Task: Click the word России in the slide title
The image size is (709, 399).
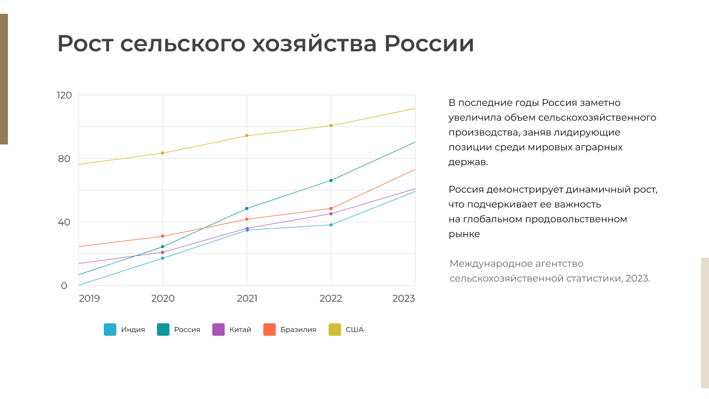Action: click(x=429, y=43)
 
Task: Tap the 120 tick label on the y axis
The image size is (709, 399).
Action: click(x=64, y=95)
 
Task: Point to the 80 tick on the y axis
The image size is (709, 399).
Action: click(x=64, y=159)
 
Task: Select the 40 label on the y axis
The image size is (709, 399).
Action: click(x=64, y=222)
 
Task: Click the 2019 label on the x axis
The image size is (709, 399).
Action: click(x=89, y=298)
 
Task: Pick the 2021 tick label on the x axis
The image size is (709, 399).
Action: click(x=247, y=298)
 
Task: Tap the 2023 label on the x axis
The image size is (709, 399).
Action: click(x=403, y=298)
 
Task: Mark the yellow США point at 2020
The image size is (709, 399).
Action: click(x=163, y=153)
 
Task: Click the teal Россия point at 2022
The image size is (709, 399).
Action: click(x=331, y=180)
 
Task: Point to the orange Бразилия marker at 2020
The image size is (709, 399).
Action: click(x=163, y=236)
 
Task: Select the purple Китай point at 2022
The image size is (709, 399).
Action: click(x=331, y=214)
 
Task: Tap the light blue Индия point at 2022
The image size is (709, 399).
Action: click(x=331, y=225)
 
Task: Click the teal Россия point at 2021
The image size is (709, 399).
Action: click(x=247, y=208)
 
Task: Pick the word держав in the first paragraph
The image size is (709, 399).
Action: click(x=468, y=162)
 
